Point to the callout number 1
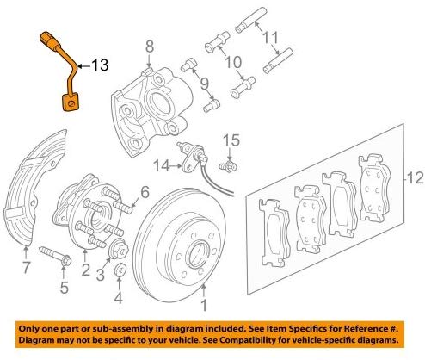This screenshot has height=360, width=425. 203,304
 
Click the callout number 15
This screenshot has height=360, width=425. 229,139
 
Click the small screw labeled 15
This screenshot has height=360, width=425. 228,164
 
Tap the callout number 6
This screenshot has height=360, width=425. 144,192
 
